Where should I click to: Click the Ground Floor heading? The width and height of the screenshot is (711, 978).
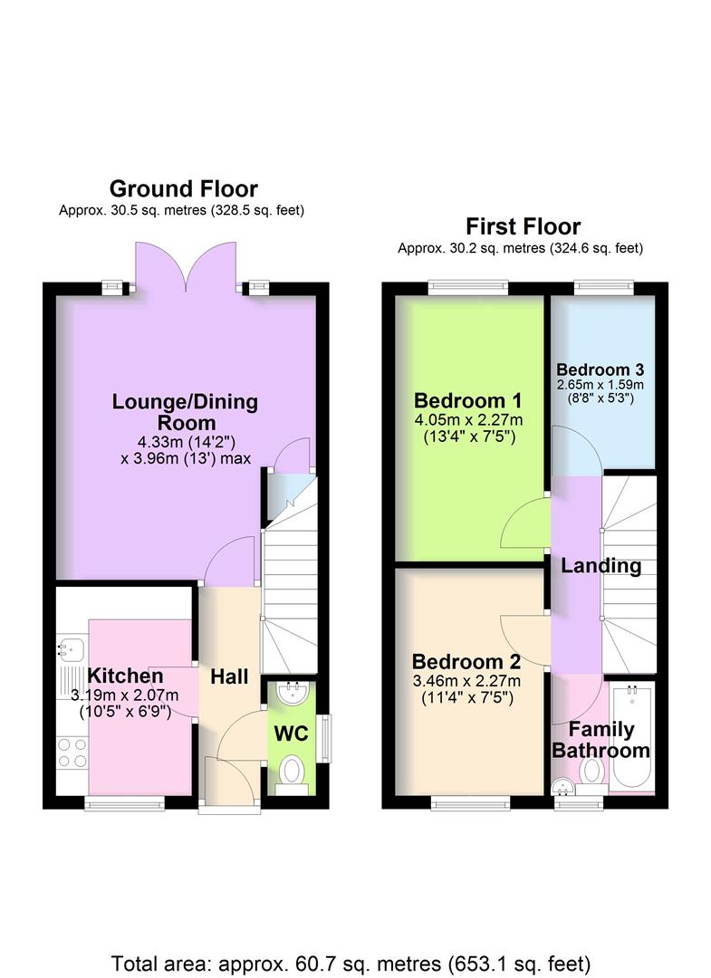tap(183, 188)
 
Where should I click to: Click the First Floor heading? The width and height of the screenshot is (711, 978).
tap(523, 225)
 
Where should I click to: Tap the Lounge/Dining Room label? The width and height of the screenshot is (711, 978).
tap(185, 412)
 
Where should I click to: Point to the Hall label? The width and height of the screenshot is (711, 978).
tap(229, 676)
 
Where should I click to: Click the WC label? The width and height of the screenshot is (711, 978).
tap(289, 733)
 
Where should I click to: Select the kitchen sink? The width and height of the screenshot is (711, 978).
tap(69, 648)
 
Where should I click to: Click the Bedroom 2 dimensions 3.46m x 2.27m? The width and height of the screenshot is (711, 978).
tap(466, 681)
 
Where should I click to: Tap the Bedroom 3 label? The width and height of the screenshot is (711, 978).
tap(600, 369)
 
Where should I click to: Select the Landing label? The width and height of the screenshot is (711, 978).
tap(601, 566)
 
